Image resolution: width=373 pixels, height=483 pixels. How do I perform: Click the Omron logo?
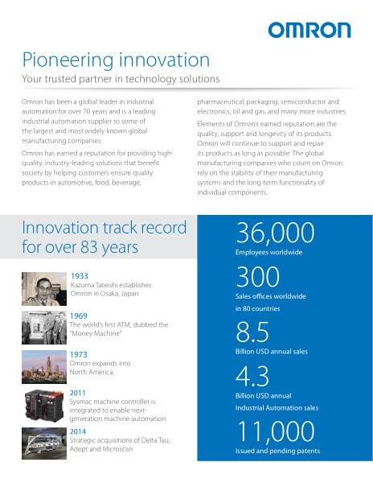pyautogui.click(x=309, y=31)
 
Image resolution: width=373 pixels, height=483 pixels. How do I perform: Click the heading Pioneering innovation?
pyautogui.click(x=116, y=60)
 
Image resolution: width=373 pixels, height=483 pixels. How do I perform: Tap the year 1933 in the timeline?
pyautogui.click(x=80, y=276)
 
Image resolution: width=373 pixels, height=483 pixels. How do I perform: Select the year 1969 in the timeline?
pyautogui.click(x=79, y=316)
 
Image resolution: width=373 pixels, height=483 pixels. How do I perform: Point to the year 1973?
pyautogui.click(x=79, y=354)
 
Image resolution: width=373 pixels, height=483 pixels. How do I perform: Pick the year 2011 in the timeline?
pyautogui.click(x=77, y=393)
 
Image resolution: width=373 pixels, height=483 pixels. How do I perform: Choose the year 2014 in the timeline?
pyautogui.click(x=78, y=431)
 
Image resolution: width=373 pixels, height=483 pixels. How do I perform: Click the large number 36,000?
pyautogui.click(x=275, y=233)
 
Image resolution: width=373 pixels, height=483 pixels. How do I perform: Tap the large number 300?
pyautogui.click(x=258, y=277)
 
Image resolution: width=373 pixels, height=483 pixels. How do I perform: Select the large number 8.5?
pyautogui.click(x=252, y=332)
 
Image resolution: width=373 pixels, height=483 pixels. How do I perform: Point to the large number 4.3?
pyautogui.click(x=252, y=376)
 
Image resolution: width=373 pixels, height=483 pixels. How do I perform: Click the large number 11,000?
pyautogui.click(x=276, y=431)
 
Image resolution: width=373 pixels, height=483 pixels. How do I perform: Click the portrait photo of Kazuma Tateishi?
pyautogui.click(x=44, y=289)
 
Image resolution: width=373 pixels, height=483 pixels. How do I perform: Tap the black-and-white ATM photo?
pyautogui.click(x=44, y=328)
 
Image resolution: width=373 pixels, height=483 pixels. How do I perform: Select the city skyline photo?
pyautogui.click(x=44, y=367)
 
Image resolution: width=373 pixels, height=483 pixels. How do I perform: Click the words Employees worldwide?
pyautogui.click(x=268, y=252)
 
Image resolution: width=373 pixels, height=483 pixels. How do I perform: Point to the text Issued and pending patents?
pyautogui.click(x=277, y=451)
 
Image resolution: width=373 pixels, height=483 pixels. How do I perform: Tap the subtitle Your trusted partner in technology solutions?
pyautogui.click(x=121, y=79)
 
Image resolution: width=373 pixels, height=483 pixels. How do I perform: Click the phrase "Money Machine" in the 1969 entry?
pyautogui.click(x=96, y=333)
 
